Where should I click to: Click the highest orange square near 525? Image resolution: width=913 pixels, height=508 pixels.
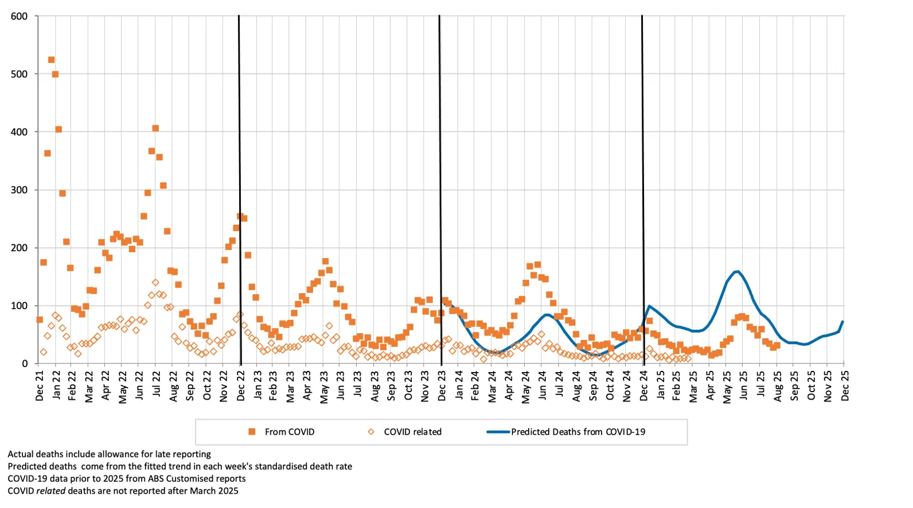(x=51, y=60)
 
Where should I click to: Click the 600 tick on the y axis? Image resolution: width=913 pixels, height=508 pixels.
(x=19, y=17)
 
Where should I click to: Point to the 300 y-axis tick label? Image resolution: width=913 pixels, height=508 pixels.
(x=19, y=190)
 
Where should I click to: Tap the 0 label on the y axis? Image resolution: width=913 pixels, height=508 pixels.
(x=25, y=364)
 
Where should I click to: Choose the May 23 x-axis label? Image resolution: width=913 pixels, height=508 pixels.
(x=324, y=386)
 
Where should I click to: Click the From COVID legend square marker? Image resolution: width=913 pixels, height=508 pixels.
(x=252, y=432)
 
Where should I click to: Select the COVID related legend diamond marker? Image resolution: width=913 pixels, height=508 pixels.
(x=371, y=432)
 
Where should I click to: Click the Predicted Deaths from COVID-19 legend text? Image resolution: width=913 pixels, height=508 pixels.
(x=578, y=432)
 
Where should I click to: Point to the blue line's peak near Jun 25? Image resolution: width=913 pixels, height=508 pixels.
(x=737, y=271)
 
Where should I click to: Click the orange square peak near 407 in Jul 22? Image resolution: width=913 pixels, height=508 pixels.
(x=155, y=128)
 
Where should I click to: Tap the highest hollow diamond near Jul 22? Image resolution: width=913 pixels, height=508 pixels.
(x=155, y=283)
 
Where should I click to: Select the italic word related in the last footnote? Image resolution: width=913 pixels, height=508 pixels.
(x=51, y=491)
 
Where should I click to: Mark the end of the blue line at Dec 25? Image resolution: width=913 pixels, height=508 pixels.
(x=843, y=322)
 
